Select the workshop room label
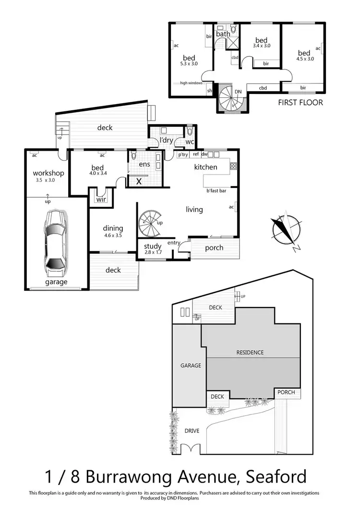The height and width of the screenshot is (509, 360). (48, 173)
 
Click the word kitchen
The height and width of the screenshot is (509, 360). (205, 167)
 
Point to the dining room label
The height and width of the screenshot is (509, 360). (113, 228)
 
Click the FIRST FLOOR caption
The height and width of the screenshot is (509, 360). (300, 102)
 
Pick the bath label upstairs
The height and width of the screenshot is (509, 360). (223, 34)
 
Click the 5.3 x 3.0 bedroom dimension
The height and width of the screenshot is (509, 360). (189, 63)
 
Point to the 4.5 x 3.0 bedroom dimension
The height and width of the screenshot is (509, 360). (305, 59)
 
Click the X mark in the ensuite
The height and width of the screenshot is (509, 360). (139, 181)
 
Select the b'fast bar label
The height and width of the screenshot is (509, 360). (216, 191)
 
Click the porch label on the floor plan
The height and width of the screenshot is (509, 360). (214, 248)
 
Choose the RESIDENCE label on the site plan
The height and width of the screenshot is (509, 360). (250, 352)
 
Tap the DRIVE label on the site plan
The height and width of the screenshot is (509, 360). (192, 431)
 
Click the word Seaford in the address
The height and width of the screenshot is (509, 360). (276, 477)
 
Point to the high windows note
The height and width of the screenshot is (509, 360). (191, 83)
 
